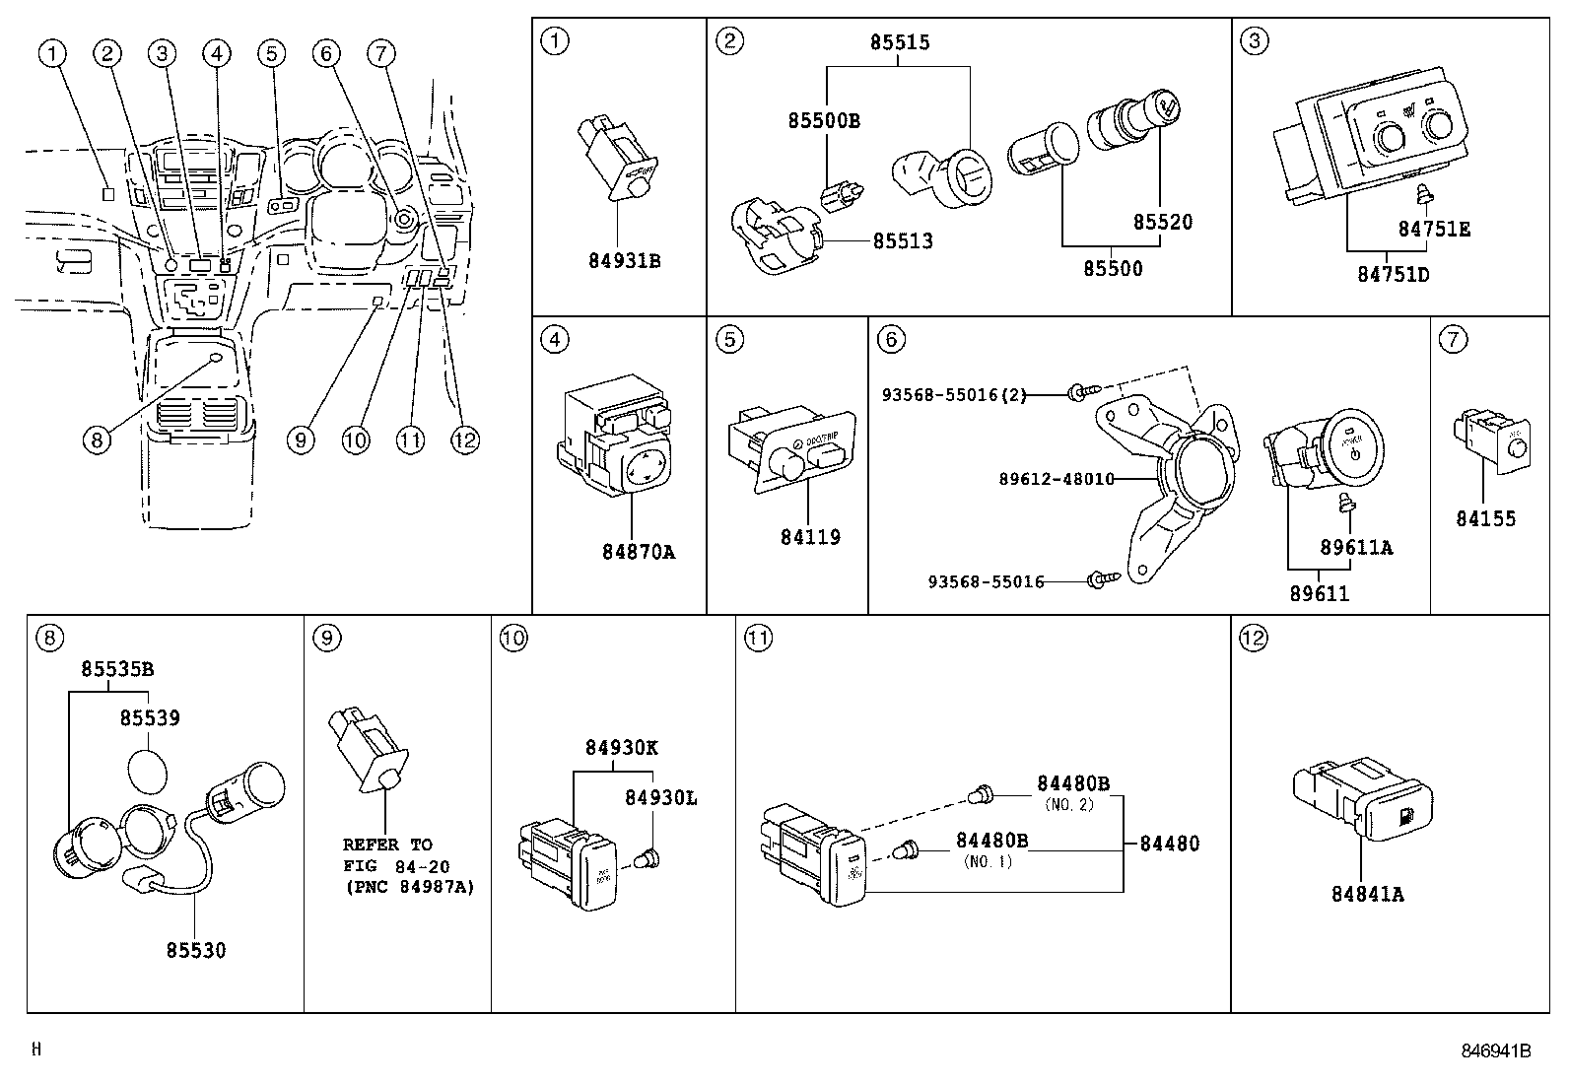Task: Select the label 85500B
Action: (x=823, y=121)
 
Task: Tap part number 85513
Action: (x=902, y=241)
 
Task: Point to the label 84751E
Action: (x=1434, y=229)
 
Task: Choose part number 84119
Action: (x=810, y=537)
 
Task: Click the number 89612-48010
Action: (x=1057, y=479)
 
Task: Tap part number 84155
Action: (x=1485, y=518)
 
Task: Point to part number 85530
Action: (x=195, y=950)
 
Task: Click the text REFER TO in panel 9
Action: (x=387, y=845)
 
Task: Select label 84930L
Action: (x=660, y=797)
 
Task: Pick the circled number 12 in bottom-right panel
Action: (x=1252, y=638)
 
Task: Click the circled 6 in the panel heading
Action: (x=890, y=339)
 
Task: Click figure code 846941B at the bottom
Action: (x=1495, y=1050)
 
